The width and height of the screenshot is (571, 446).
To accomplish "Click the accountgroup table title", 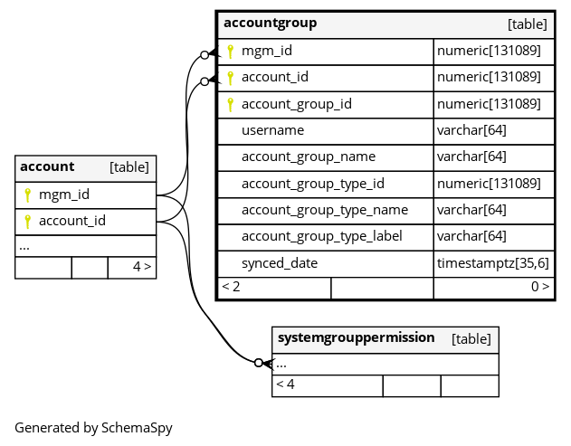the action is [270, 23].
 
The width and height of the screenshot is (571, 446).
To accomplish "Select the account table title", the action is [47, 166].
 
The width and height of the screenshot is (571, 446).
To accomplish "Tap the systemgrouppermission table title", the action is [356, 337].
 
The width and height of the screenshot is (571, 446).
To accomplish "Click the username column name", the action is [272, 130].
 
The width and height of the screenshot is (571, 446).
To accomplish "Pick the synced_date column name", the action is [280, 263].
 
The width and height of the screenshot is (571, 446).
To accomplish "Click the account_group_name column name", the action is [309, 157].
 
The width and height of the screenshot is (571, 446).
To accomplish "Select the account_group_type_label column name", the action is [322, 237].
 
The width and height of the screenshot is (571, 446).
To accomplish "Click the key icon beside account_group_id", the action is [230, 105].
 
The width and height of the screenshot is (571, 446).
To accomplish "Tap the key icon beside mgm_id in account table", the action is [27, 195].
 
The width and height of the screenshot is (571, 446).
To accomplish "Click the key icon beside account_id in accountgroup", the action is [230, 78].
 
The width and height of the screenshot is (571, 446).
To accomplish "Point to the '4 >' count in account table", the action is [142, 267].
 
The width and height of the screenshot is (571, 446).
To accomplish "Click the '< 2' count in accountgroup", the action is [231, 287].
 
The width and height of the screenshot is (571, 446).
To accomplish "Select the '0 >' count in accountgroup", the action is [540, 287].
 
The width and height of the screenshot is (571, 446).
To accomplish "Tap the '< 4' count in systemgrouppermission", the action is [285, 384].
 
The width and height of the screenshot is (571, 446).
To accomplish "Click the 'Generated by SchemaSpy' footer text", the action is [93, 428].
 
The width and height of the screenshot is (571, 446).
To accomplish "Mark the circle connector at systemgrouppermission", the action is [259, 363].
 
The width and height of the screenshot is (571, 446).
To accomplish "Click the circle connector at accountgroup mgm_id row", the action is [205, 55].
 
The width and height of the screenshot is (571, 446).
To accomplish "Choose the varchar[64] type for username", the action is [471, 130].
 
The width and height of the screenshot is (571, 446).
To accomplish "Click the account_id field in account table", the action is [72, 221].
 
